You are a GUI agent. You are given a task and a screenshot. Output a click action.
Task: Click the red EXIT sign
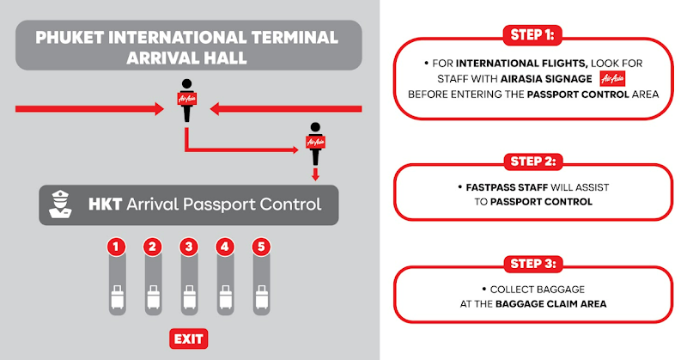189,338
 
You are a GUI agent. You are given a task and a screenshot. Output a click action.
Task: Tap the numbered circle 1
117,247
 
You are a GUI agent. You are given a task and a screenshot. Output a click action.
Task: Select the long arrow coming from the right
288,109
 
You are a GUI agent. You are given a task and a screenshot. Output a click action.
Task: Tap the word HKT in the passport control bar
106,204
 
